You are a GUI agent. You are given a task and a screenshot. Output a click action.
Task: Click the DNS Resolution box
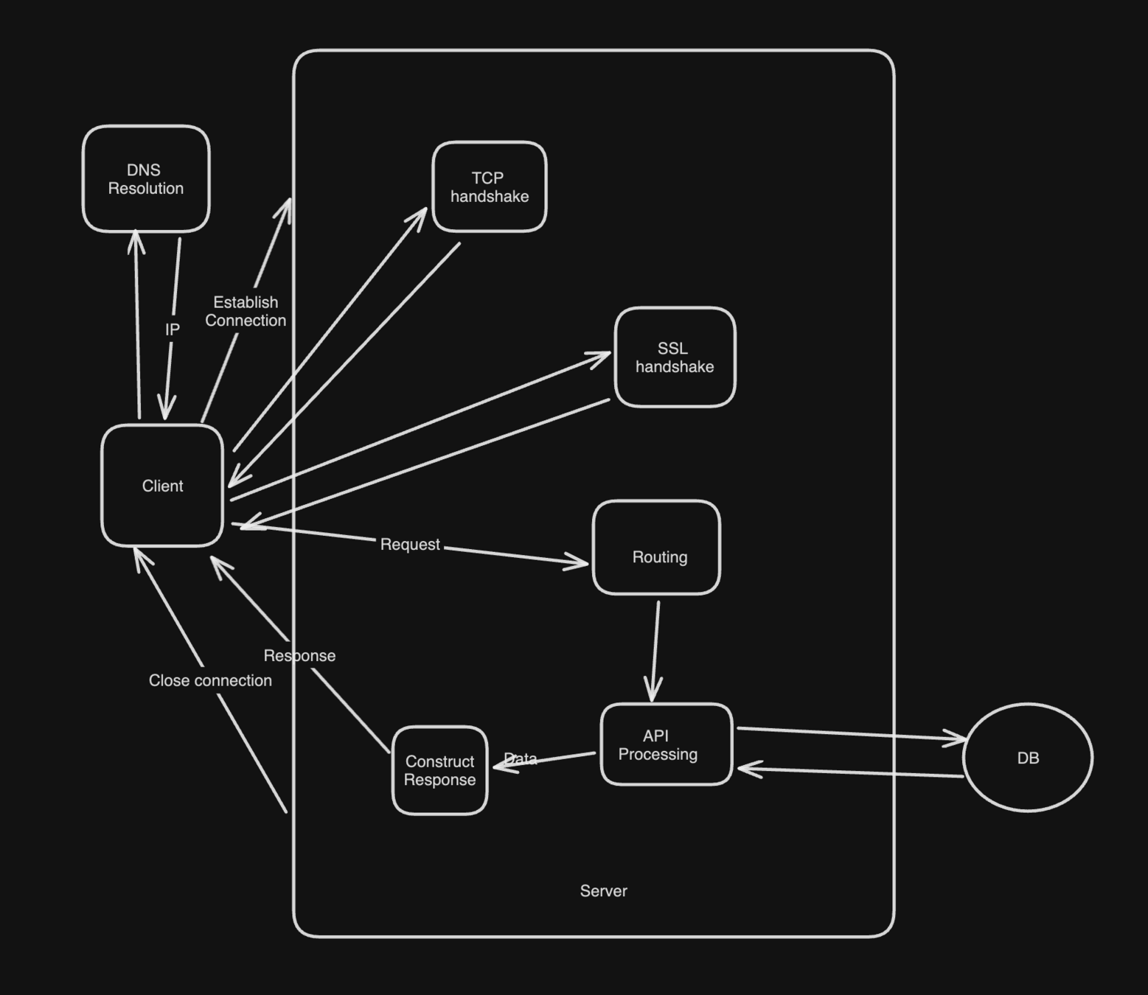point(146,179)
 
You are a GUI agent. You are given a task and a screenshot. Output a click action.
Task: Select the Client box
point(162,486)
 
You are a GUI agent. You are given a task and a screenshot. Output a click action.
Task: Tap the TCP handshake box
point(490,187)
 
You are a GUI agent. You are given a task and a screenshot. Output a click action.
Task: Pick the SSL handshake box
point(675,357)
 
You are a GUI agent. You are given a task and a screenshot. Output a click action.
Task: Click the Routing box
point(656,548)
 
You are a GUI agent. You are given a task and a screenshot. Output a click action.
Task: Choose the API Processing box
point(666,744)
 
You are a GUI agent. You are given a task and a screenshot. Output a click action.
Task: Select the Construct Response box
point(439,770)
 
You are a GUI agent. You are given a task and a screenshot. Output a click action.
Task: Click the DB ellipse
point(1028,758)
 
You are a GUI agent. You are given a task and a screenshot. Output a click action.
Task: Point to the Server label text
point(603,891)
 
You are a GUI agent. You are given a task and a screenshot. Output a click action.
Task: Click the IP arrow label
point(173,329)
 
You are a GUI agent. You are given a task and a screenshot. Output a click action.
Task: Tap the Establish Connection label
point(246,311)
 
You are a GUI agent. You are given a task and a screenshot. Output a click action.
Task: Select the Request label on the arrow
point(410,545)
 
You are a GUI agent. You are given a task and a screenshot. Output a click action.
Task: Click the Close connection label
point(210,680)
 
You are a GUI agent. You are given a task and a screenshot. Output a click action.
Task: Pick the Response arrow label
point(299,656)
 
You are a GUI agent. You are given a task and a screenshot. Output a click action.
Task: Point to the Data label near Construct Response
point(521,758)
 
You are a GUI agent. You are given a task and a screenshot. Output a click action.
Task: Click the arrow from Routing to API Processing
point(655,649)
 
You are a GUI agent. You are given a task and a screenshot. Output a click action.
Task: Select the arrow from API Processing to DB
point(848,733)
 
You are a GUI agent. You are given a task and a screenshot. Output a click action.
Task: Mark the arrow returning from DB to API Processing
point(848,772)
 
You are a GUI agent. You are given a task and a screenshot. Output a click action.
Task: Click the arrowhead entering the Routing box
point(578,562)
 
